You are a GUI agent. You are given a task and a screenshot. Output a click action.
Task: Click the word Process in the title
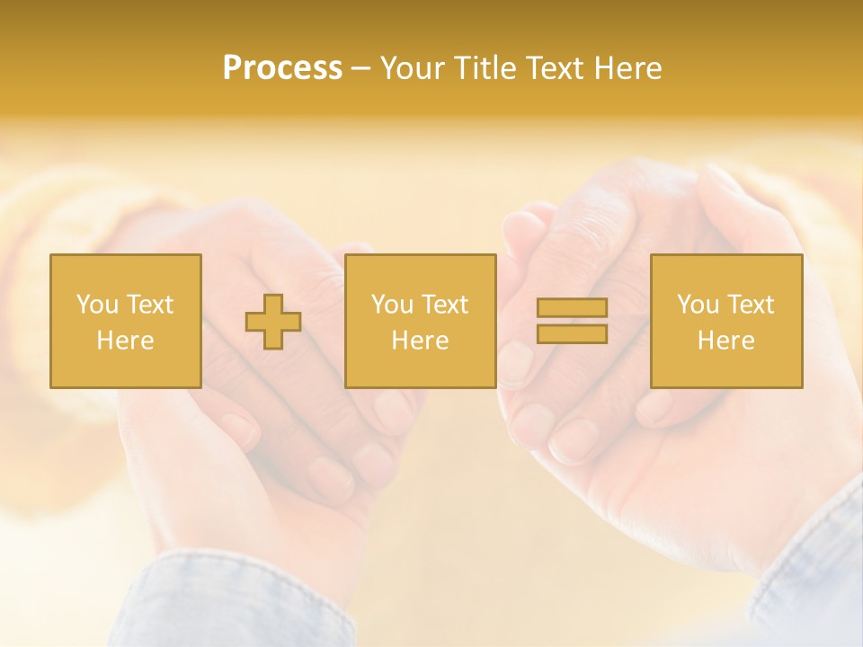tap(282, 68)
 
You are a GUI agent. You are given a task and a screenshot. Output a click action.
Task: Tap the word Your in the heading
tap(414, 68)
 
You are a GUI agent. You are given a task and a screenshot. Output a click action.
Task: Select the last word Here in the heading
tap(627, 68)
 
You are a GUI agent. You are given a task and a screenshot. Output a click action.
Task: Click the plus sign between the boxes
tap(273, 322)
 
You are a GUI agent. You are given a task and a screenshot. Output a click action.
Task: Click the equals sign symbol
tap(572, 321)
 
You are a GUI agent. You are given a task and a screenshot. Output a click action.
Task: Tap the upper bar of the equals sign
tap(572, 308)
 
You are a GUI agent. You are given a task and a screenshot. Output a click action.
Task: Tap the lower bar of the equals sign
tap(572, 333)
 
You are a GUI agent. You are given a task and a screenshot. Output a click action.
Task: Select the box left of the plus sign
tap(126, 321)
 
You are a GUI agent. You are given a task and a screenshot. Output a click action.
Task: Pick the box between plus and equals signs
tap(420, 321)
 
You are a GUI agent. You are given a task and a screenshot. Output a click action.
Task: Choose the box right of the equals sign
tap(726, 321)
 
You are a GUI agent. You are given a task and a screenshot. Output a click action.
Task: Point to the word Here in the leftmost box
tap(125, 341)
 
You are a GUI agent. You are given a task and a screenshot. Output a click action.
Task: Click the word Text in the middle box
tap(444, 305)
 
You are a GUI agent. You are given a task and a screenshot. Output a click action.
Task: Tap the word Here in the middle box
tap(420, 341)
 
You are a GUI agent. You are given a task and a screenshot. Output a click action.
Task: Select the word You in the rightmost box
tap(698, 305)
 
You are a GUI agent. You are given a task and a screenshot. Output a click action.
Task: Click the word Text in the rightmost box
tap(750, 305)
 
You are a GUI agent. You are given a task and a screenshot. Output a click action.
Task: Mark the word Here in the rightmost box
tap(725, 341)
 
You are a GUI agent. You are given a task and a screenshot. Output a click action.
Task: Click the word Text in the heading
tap(555, 68)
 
